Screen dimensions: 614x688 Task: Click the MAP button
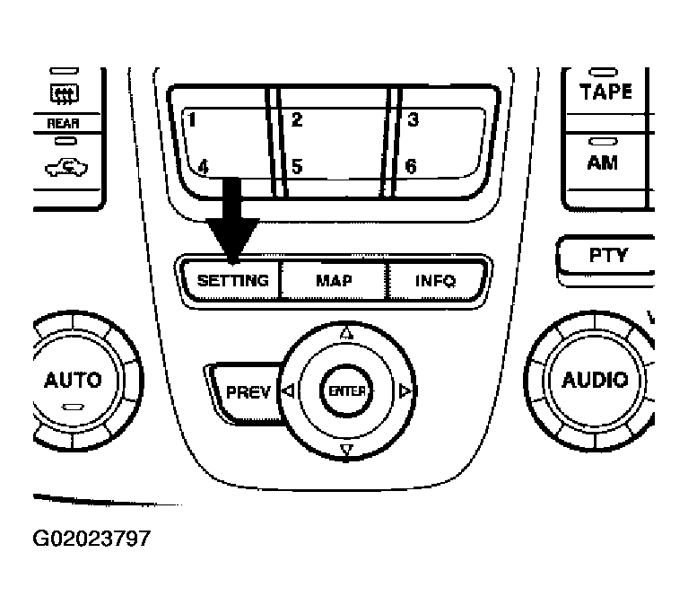pos(334,280)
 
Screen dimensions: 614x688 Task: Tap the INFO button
pos(436,280)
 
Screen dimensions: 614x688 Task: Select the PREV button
pos(248,392)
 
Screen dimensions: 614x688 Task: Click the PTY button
pos(608,255)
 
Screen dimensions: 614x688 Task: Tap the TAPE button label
pos(605,92)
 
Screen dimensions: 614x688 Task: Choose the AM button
pos(603,163)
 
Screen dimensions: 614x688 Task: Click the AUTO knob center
pos(73,379)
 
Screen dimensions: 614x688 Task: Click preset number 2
pos(297,119)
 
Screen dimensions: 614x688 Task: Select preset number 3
pos(413,119)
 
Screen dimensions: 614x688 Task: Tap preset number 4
pos(203,166)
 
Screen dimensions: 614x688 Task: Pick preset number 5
pos(297,166)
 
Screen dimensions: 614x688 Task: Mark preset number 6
pos(411,166)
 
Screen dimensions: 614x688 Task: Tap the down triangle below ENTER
pos(346,451)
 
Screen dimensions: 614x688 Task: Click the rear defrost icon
pos(65,92)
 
